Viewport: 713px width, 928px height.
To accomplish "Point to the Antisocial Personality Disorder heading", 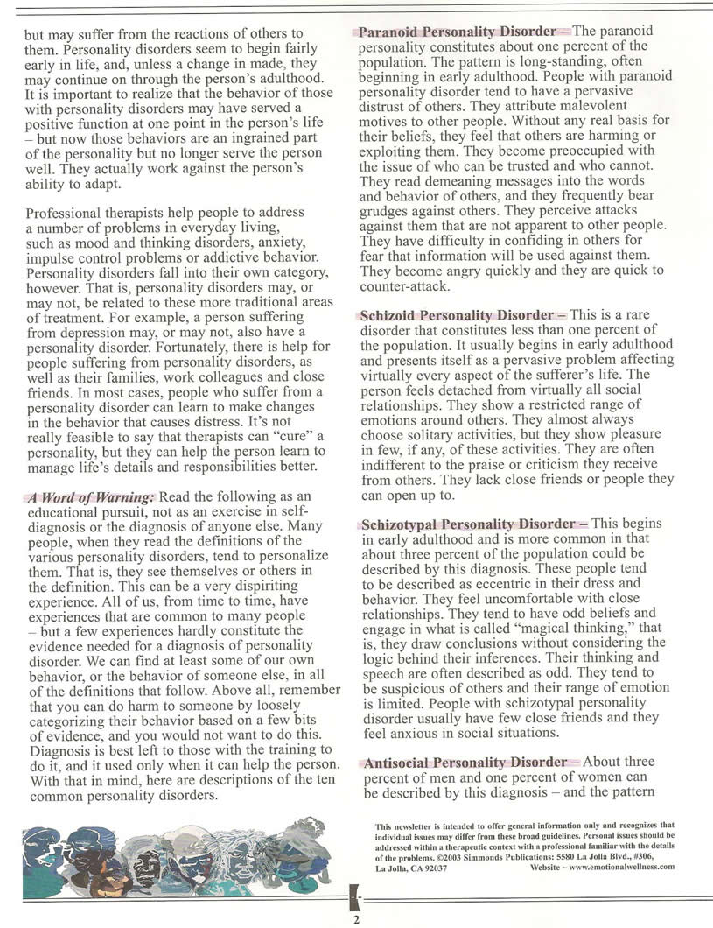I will point(466,763).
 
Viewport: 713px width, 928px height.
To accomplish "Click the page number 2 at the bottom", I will point(356,919).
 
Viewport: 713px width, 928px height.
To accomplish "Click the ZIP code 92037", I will point(434,868).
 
